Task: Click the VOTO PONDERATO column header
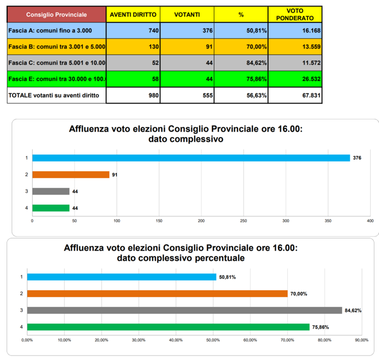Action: click(x=295, y=15)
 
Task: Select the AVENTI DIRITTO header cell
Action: click(x=133, y=15)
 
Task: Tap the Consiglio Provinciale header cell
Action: click(x=57, y=15)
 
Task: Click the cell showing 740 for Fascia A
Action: click(x=133, y=30)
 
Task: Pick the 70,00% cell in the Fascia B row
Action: click(x=241, y=47)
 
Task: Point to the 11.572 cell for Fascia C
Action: click(x=295, y=63)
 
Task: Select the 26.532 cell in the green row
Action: click(x=295, y=79)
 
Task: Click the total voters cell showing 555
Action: click(x=187, y=95)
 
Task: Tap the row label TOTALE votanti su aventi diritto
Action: click(x=54, y=95)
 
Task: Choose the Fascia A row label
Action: click(x=50, y=30)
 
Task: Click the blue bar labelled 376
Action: click(x=191, y=158)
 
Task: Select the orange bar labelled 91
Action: click(x=71, y=175)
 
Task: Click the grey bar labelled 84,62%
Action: click(x=185, y=310)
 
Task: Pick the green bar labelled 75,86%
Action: click(x=168, y=327)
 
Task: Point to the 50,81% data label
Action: click(x=227, y=277)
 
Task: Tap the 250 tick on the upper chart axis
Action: click(x=243, y=221)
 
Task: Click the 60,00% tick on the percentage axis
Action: click(x=250, y=340)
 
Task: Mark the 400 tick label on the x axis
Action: click(x=370, y=221)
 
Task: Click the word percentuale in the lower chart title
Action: click(x=220, y=258)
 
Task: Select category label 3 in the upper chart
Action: click(x=27, y=191)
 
